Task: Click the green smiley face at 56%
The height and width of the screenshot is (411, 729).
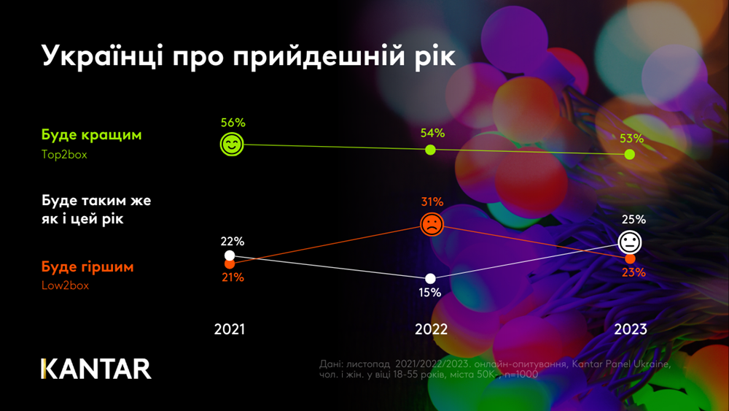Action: coord(232,145)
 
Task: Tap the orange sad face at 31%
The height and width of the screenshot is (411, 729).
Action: coord(432,224)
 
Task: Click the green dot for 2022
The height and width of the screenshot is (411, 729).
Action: coord(430,150)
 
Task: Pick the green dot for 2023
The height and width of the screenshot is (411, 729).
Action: coord(630,155)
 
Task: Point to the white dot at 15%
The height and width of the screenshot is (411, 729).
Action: coord(430,278)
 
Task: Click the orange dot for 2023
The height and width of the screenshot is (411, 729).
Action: coord(630,259)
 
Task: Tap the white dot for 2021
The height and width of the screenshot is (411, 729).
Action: coord(230,256)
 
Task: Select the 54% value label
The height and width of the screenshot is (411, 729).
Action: coord(432,133)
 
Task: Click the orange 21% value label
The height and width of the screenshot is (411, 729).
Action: coord(233,277)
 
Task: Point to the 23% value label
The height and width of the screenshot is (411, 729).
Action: coord(634,273)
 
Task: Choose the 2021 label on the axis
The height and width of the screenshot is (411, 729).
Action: coord(230,329)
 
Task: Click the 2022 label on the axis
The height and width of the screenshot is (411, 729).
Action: coord(431,329)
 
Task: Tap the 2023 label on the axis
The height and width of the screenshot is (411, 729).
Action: coord(631,329)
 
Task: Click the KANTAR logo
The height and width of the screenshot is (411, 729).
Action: coord(96,369)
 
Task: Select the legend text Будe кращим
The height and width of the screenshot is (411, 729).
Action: coord(91,135)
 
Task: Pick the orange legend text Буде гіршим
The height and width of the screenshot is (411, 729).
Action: coord(87,266)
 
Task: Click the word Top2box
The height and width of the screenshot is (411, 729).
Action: coord(64,155)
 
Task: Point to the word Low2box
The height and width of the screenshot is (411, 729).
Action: coord(65,285)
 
